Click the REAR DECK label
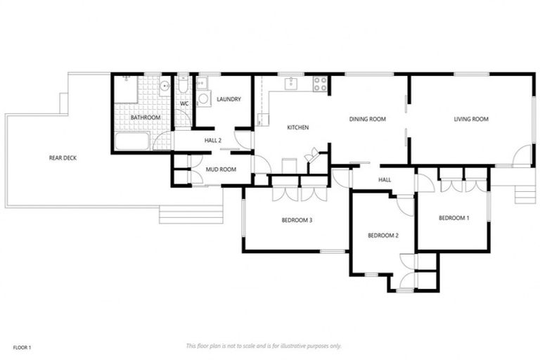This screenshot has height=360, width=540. click(x=63, y=158)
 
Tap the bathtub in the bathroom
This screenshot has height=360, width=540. click(x=131, y=141)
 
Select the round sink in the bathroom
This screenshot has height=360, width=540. click(x=164, y=87)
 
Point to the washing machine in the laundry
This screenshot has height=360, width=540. click(x=203, y=98)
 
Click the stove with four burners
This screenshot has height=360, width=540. click(x=320, y=84)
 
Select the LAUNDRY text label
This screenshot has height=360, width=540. click(x=229, y=99)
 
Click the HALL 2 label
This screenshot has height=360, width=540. click(x=213, y=141)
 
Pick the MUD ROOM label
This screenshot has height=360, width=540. click(x=219, y=169)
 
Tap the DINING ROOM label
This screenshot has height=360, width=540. click(x=368, y=120)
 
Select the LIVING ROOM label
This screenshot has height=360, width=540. click(x=471, y=120)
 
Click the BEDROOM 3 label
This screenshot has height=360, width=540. click(x=297, y=221)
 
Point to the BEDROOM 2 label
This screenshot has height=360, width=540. click(x=383, y=235)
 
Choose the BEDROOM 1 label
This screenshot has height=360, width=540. click(x=454, y=218)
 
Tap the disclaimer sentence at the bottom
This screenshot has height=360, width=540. click(x=264, y=346)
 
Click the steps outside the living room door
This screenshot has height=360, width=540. click(x=525, y=193)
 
